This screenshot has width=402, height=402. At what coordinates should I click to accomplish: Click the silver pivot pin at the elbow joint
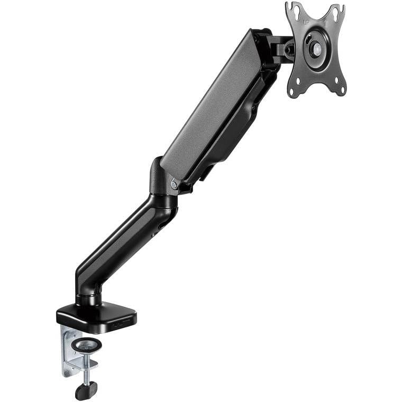[x=174, y=184]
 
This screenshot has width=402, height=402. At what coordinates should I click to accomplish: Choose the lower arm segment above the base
[x=122, y=243]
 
